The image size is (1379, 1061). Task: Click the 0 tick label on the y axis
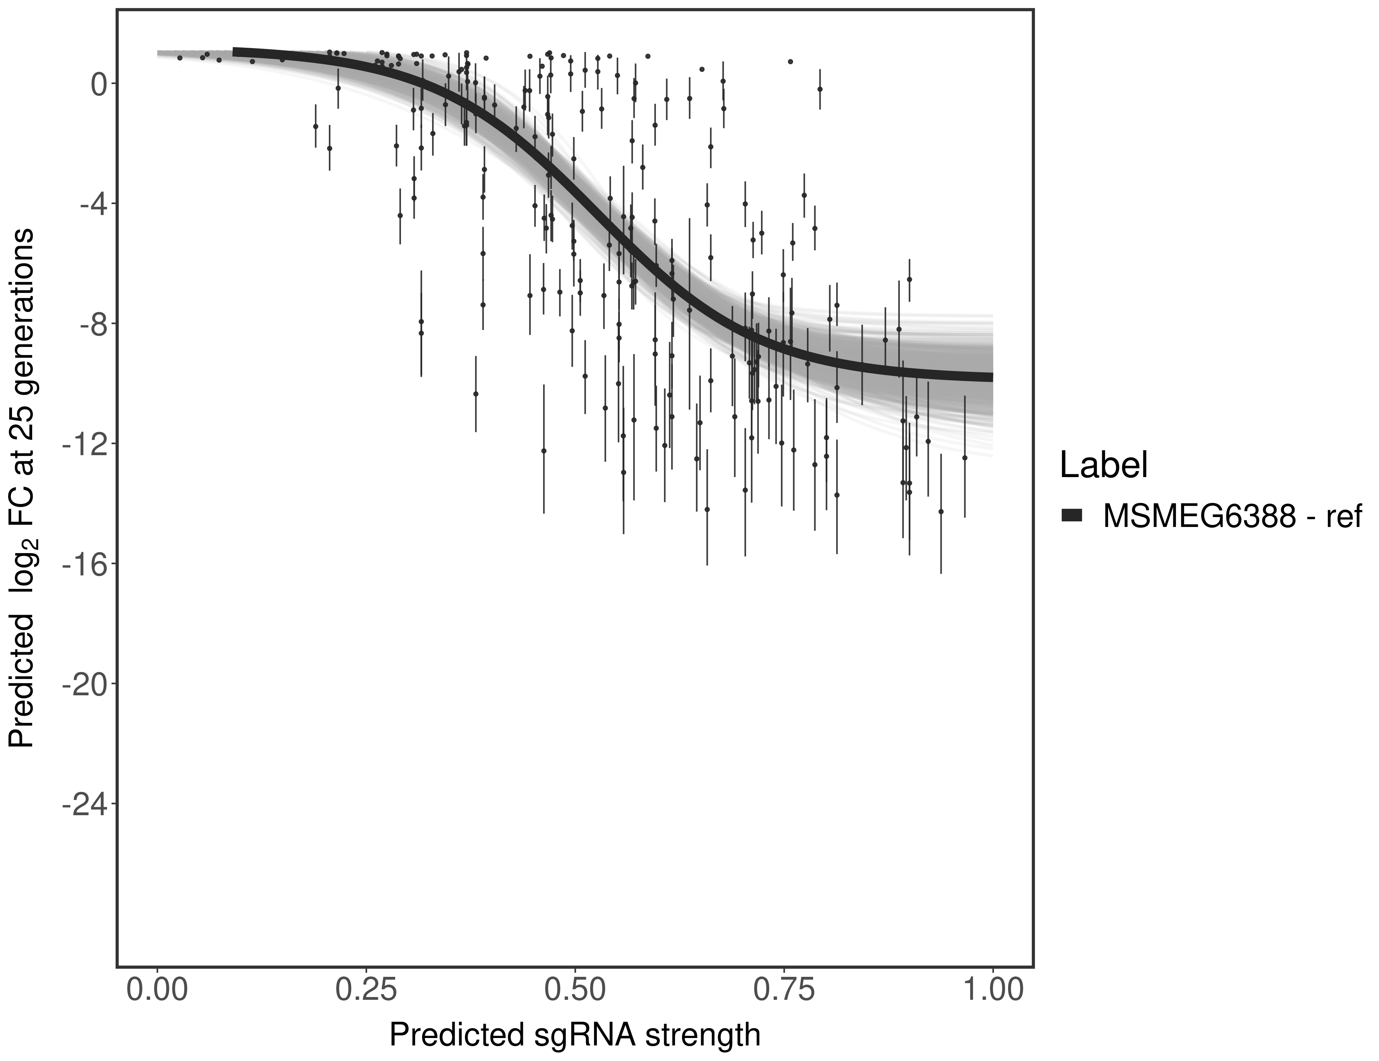[x=99, y=84]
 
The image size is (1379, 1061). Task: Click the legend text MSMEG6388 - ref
[x=1231, y=516]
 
